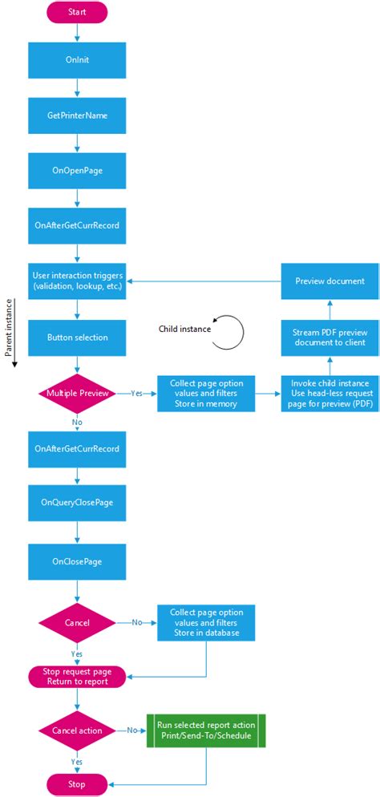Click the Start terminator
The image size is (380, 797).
77,12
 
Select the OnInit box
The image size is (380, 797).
77,60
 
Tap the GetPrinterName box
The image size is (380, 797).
77,115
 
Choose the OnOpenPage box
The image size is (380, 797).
77,170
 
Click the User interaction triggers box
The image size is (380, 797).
77,281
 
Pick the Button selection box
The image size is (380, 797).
77,338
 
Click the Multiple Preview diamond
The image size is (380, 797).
77,394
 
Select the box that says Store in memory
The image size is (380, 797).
206,394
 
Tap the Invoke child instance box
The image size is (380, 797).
329,394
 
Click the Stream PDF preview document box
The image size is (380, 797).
329,338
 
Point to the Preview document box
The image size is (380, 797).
329,281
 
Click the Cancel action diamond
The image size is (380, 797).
77,730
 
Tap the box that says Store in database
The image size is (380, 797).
206,622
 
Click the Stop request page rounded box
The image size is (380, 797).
77,677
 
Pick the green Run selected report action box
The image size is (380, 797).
206,730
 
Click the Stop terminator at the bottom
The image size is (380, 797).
77,784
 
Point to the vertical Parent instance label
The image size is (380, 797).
9,329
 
